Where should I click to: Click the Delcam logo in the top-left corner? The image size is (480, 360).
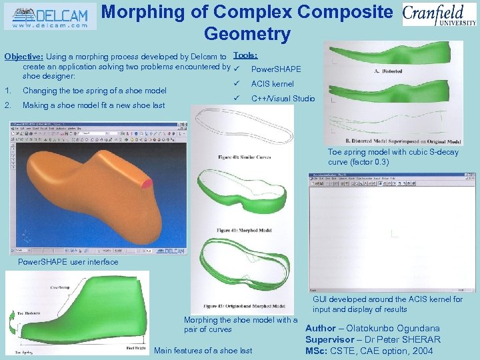pyautogui.click(x=50, y=17)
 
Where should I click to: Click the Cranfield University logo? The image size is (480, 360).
pyautogui.click(x=439, y=15)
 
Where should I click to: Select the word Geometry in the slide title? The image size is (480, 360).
pyautogui.click(x=247, y=33)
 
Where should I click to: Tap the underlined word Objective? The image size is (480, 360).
pyautogui.click(x=23, y=57)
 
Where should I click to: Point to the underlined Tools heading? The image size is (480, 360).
pyautogui.click(x=246, y=56)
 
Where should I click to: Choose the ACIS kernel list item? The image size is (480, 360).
pyautogui.click(x=272, y=84)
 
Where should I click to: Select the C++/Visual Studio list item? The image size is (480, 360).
pyautogui.click(x=283, y=99)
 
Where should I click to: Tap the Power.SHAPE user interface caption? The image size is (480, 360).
pyautogui.click(x=68, y=261)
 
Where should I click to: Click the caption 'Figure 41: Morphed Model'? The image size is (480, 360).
pyautogui.click(x=244, y=230)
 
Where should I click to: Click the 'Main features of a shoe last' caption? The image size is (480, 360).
pyautogui.click(x=203, y=351)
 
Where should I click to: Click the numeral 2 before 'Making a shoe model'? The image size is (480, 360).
pyautogui.click(x=7, y=105)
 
